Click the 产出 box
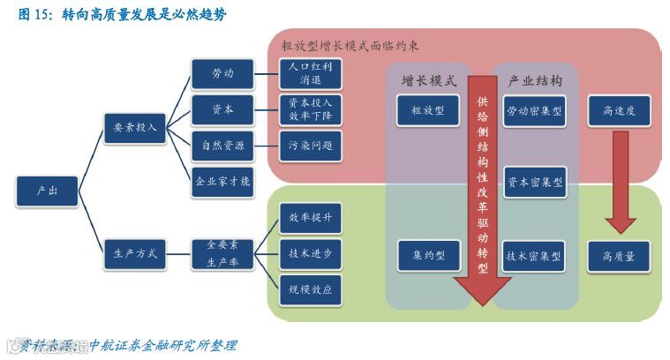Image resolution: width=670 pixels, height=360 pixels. click(47, 190)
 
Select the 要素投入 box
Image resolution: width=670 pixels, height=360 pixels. click(135, 127)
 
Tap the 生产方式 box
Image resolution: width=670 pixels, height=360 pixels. click(135, 253)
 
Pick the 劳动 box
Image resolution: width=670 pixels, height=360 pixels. click(222, 73)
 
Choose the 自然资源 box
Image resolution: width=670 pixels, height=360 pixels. click(222, 145)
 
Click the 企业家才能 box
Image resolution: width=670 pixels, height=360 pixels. click(222, 181)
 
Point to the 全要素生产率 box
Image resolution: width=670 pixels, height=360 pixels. click(222, 253)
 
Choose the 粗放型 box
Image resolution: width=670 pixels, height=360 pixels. click(428, 111)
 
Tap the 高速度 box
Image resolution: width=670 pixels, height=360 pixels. click(619, 111)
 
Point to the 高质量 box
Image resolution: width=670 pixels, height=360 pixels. click(619, 256)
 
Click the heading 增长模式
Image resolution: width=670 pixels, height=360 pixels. click(428, 81)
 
